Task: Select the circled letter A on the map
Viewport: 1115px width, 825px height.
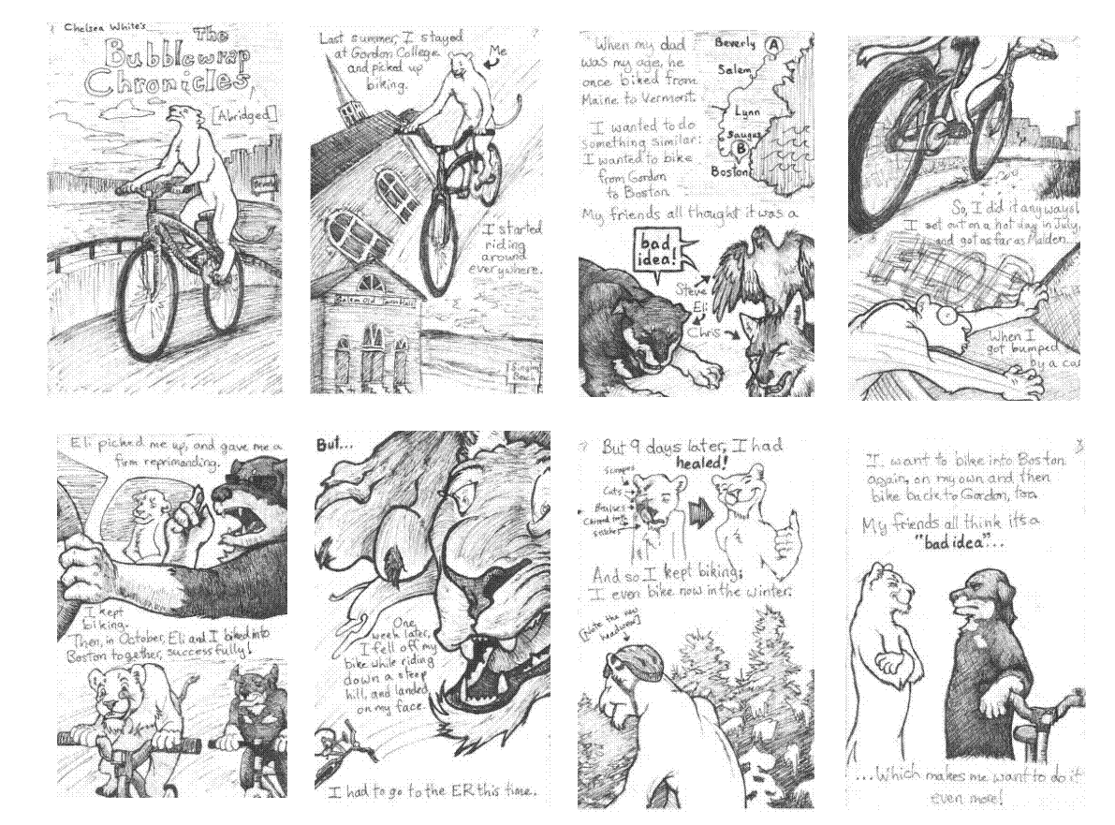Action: click(x=774, y=43)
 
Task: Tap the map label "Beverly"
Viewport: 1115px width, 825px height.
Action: click(x=735, y=43)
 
